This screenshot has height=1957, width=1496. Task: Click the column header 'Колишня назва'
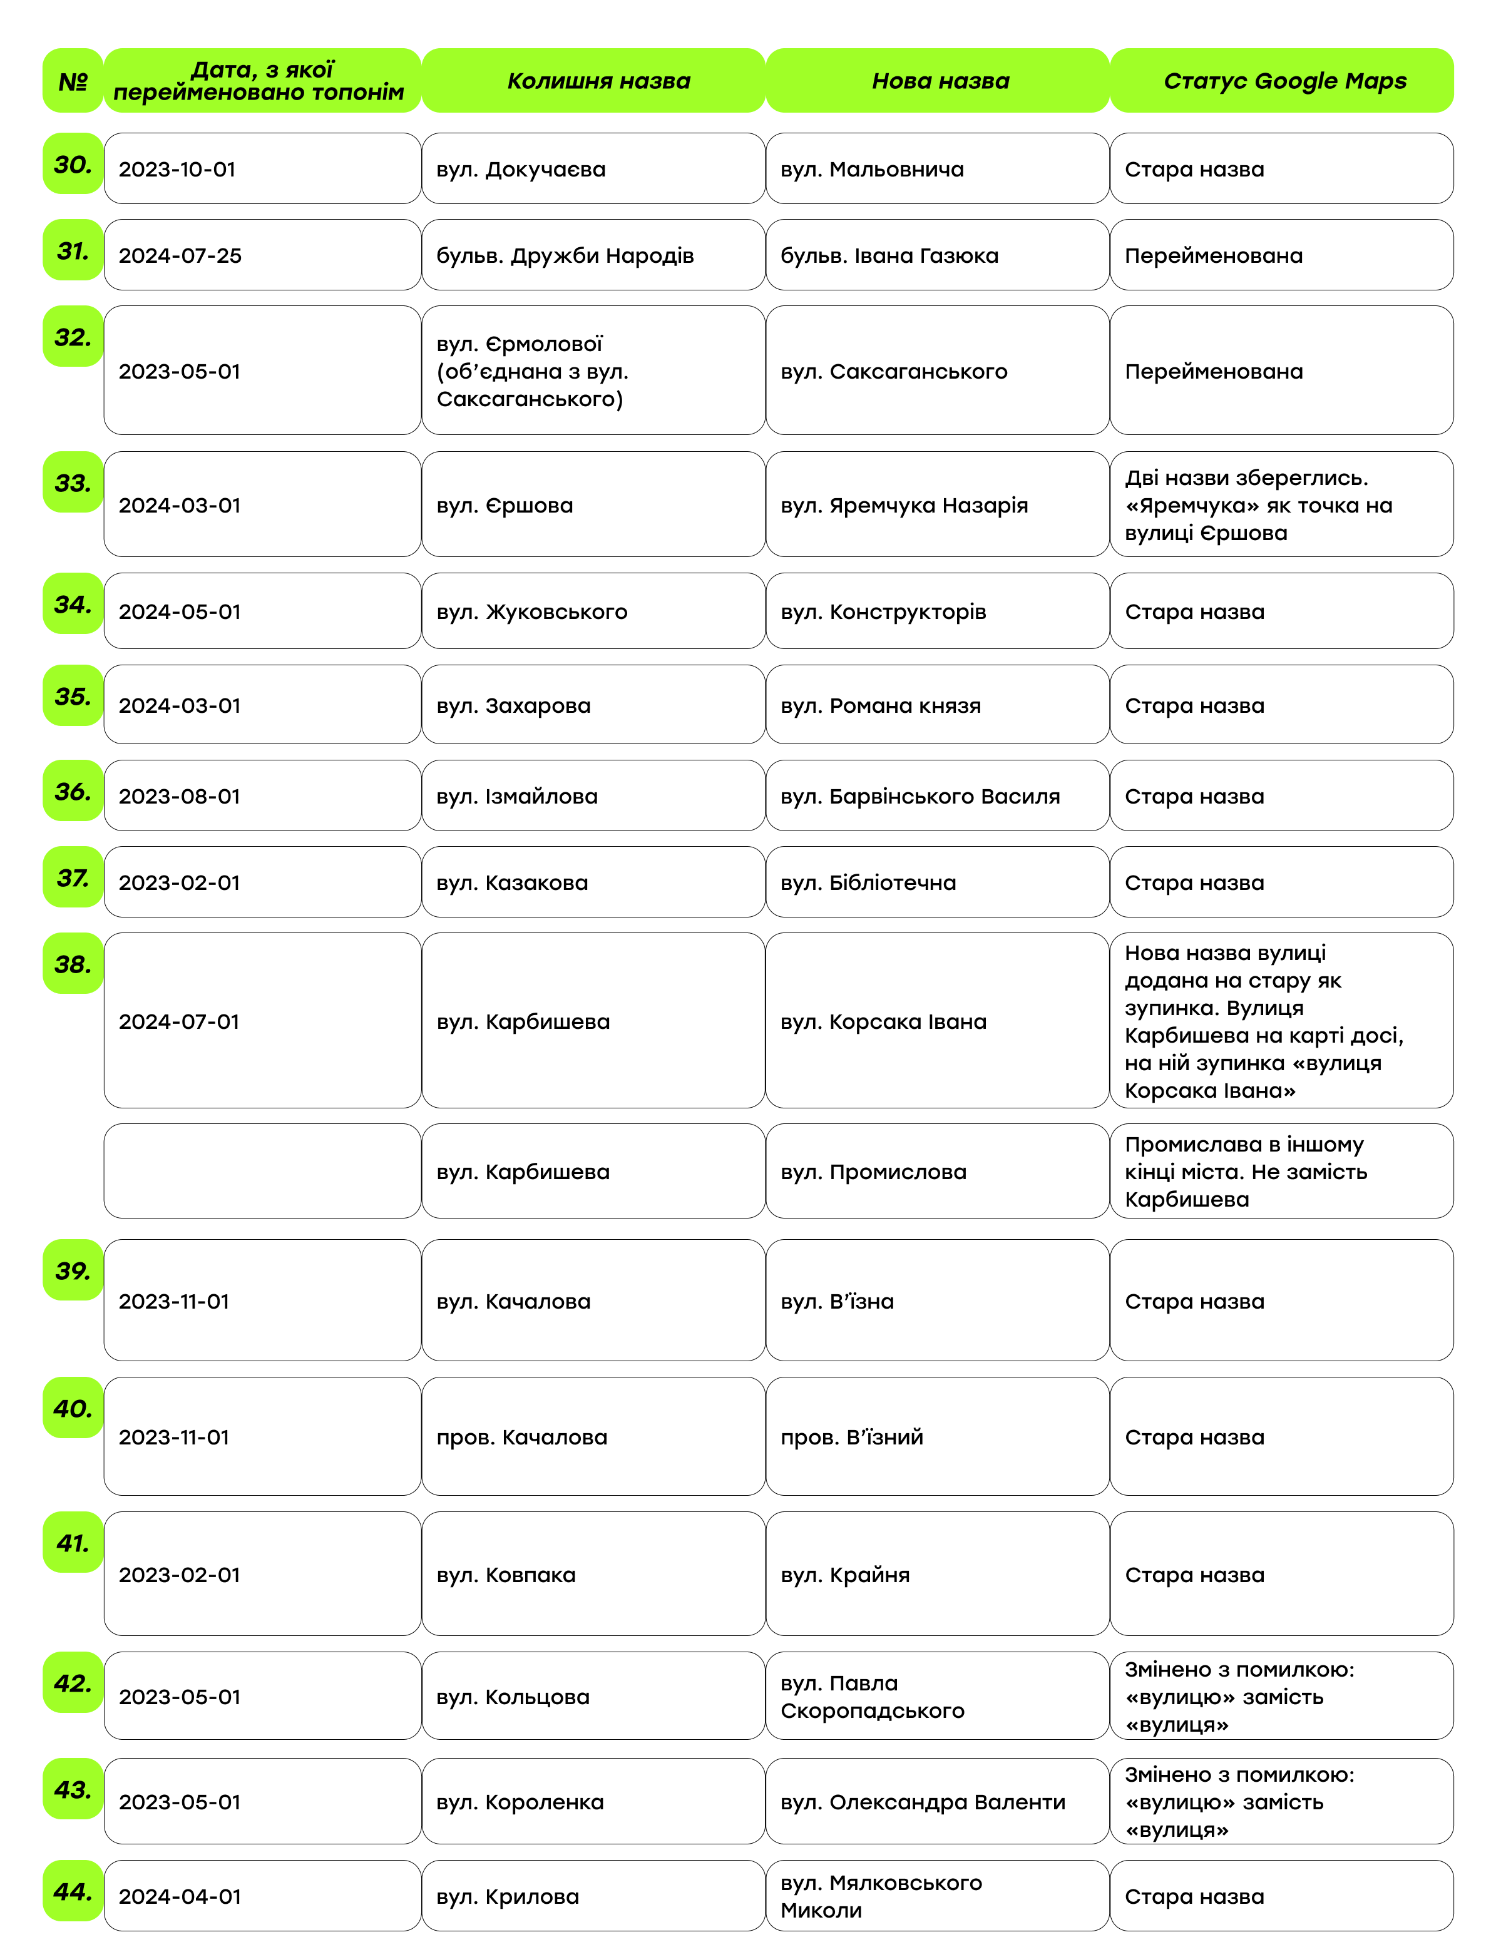point(598,81)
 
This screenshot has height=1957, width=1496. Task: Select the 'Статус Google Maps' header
point(1284,81)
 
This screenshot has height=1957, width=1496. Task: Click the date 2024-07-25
point(181,255)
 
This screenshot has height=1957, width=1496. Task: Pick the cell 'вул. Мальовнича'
point(872,169)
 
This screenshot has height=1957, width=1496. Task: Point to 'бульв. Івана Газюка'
point(889,255)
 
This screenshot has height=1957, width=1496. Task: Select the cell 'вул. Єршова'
point(505,505)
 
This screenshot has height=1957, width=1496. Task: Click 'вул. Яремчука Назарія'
point(904,505)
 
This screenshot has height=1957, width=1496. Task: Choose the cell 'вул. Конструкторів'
point(883,611)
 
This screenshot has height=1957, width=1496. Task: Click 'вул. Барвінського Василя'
point(920,796)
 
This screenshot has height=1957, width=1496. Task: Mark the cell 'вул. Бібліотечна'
point(868,882)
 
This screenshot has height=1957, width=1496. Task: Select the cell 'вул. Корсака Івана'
point(883,1021)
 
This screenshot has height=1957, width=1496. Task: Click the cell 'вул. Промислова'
point(874,1172)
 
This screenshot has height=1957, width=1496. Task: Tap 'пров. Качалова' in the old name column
point(522,1437)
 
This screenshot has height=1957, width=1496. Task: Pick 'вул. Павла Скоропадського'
point(873,1697)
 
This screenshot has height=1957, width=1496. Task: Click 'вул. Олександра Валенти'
point(923,1802)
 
